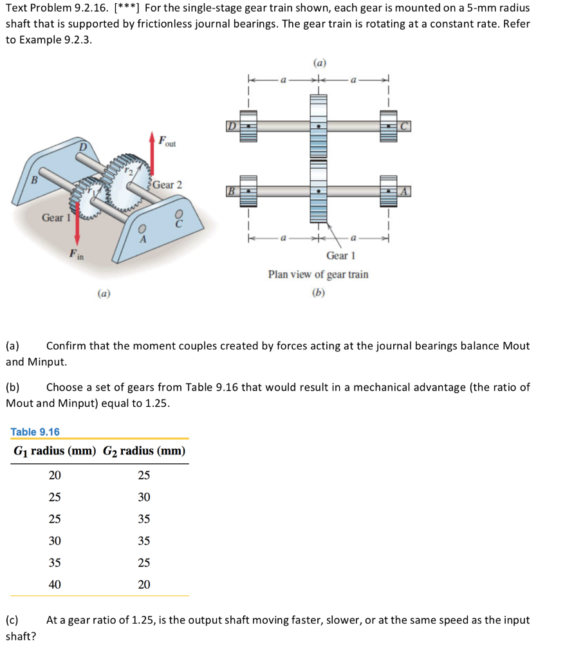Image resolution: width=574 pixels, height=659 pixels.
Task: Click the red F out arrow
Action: click(x=153, y=154)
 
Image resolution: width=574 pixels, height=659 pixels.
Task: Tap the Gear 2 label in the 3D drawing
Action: click(x=167, y=185)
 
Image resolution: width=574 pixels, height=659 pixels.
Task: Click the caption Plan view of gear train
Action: click(x=319, y=274)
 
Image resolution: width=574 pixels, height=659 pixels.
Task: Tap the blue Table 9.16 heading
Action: click(x=35, y=432)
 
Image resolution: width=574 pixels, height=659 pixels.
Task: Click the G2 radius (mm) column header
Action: click(x=144, y=450)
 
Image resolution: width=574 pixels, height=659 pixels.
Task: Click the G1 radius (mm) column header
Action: click(x=55, y=450)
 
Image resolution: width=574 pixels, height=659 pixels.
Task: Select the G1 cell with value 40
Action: click(x=55, y=584)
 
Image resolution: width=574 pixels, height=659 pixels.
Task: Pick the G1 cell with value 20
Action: click(x=55, y=476)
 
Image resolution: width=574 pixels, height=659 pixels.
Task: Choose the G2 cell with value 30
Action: click(x=144, y=497)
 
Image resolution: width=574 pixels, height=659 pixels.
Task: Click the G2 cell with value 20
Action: click(x=144, y=584)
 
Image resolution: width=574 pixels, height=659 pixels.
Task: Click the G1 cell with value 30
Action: click(x=55, y=541)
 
